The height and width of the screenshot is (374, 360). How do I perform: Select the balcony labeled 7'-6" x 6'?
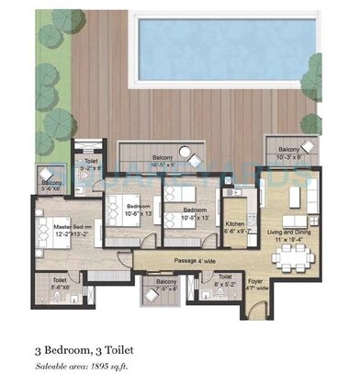tap(166, 284)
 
